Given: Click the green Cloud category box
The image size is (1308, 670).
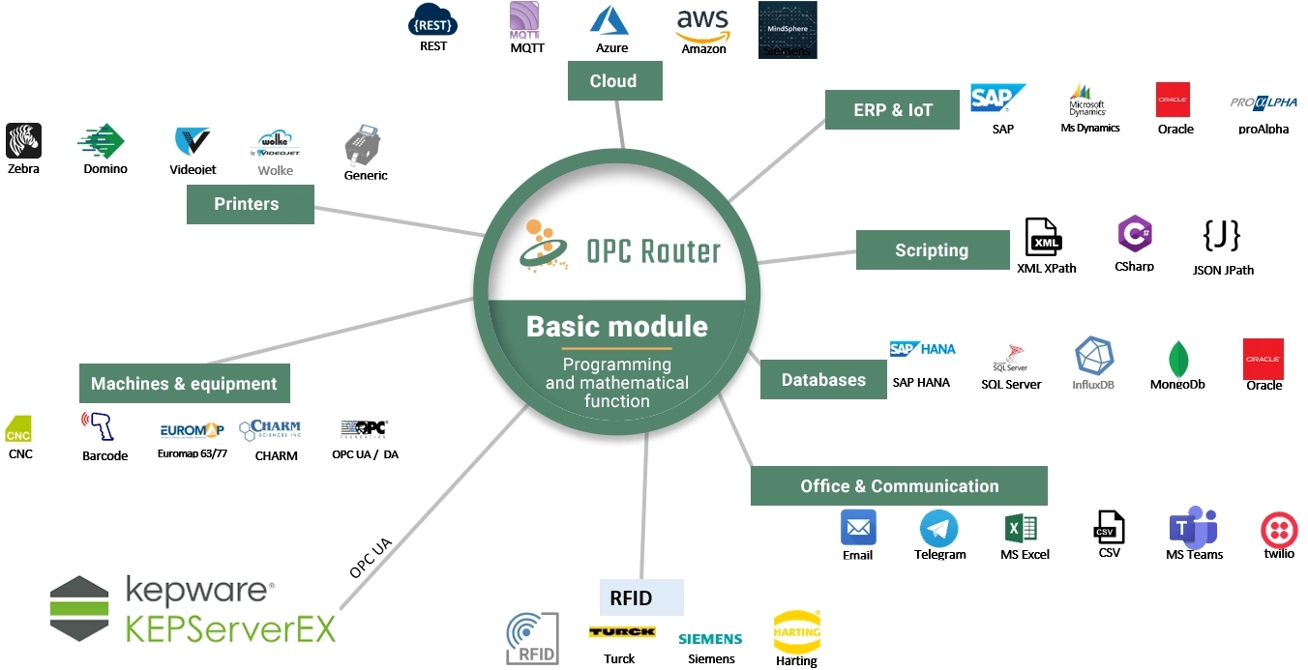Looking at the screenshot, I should [x=613, y=81].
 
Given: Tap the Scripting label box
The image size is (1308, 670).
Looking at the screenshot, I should [x=932, y=250].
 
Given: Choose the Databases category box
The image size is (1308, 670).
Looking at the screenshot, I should [x=823, y=380].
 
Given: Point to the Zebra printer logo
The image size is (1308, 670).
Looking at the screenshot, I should [x=23, y=141].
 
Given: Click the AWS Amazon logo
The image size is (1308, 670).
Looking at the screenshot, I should [x=702, y=25].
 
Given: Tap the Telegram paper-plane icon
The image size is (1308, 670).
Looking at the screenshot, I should [x=938, y=529].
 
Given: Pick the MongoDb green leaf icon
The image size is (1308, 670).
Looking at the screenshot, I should [x=1178, y=359].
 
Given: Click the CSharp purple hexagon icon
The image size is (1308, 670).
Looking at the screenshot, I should [x=1134, y=235].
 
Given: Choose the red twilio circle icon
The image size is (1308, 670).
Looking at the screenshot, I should [x=1279, y=531].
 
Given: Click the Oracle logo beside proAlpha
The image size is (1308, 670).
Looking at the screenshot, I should [x=1173, y=100].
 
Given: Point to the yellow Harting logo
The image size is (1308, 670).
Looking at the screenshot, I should [x=796, y=631].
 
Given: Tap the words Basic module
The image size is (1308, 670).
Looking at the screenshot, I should [x=616, y=326].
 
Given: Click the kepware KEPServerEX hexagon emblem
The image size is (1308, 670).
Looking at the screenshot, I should [x=79, y=608].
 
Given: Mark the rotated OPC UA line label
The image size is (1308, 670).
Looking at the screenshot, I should [x=371, y=558].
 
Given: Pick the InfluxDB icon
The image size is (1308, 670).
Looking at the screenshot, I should [x=1093, y=357].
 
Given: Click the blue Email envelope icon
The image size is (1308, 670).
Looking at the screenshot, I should [x=858, y=528].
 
